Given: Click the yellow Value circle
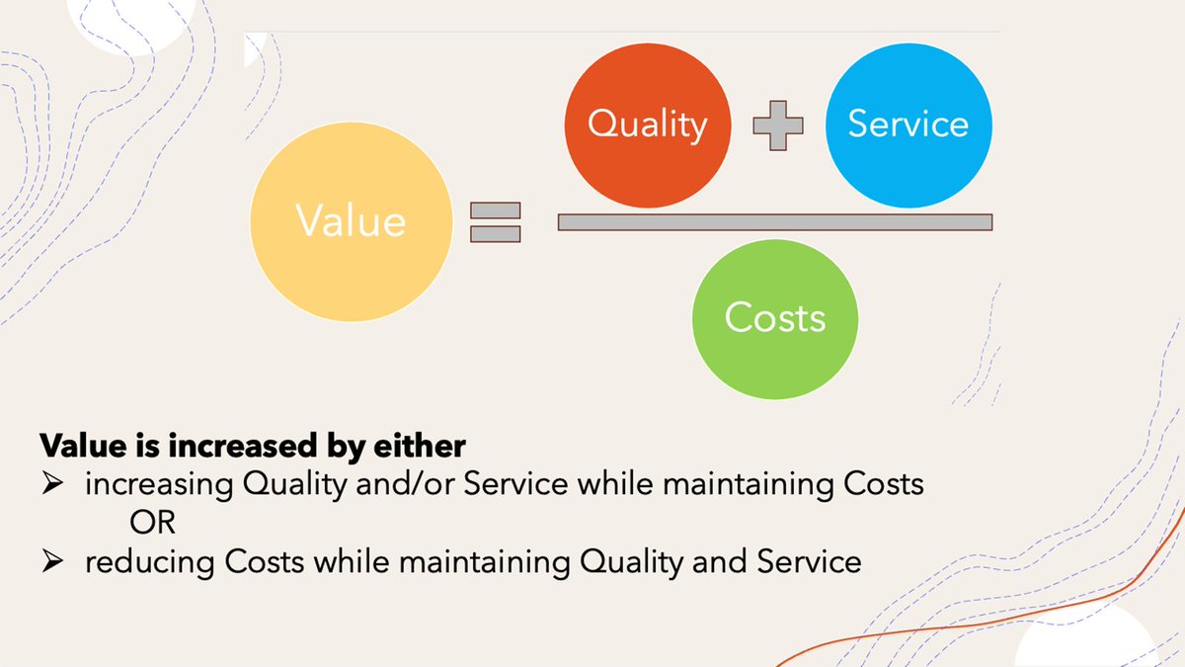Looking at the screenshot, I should (x=351, y=219).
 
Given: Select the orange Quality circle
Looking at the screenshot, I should (x=648, y=125).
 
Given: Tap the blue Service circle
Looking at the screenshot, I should (x=908, y=125).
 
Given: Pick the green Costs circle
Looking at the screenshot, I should (x=775, y=318).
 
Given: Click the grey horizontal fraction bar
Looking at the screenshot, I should (x=774, y=222).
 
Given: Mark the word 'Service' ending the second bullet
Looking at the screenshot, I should (x=809, y=562).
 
